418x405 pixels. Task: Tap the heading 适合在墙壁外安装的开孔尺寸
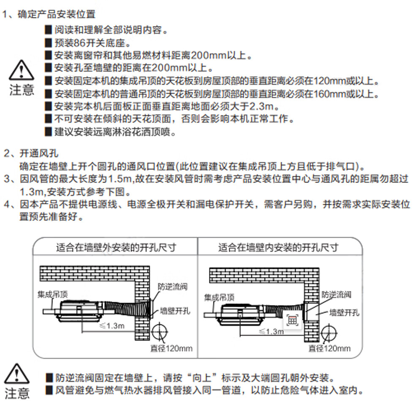click(116, 247)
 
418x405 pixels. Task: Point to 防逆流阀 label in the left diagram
click(173, 287)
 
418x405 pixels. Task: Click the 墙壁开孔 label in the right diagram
click(344, 312)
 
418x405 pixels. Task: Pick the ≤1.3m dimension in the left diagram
click(111, 325)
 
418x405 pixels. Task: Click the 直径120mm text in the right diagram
click(329, 349)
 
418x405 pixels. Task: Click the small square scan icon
click(292, 320)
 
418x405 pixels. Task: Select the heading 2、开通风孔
click(31, 153)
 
